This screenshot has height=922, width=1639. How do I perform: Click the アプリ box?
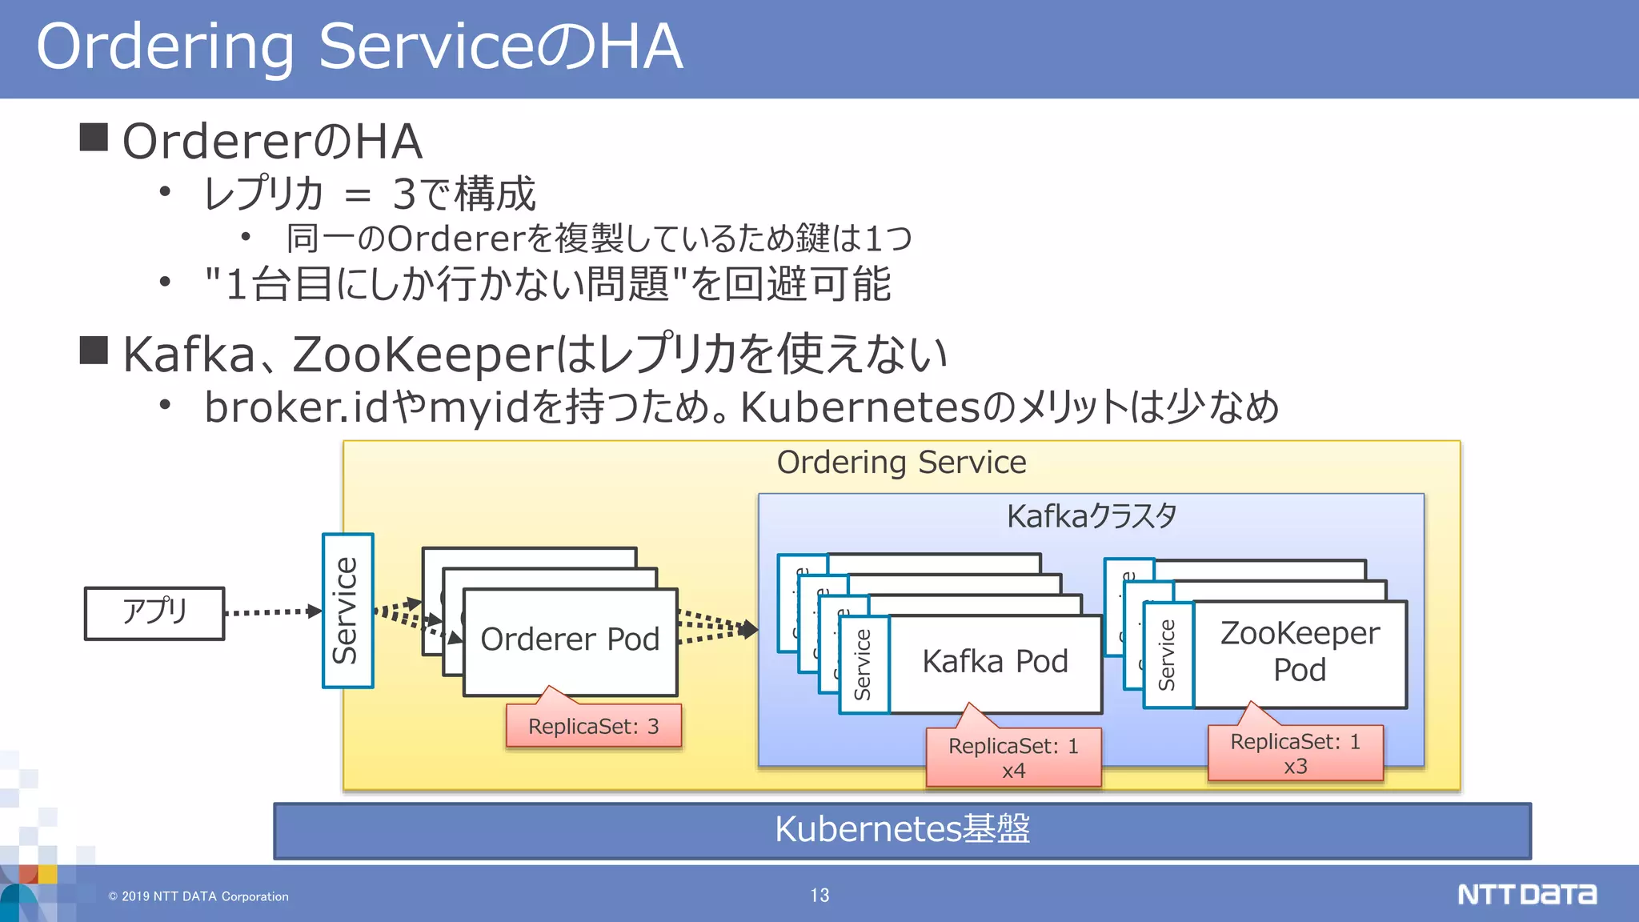coord(154,613)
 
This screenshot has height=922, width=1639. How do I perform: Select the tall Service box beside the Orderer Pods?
coord(347,611)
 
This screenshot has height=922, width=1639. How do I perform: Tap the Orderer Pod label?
coord(570,639)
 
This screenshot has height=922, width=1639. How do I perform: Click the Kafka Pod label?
coord(995,662)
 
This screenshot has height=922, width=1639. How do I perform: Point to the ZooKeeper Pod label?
coord(1300,651)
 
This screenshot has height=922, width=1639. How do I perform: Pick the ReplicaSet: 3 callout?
coord(593,727)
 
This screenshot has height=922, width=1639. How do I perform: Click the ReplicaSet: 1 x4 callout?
coord(1013,757)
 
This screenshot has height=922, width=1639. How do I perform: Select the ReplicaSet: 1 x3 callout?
coord(1295,753)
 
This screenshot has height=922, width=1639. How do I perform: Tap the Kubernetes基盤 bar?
coord(902,830)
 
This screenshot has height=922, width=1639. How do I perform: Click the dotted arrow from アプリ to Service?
coord(272,612)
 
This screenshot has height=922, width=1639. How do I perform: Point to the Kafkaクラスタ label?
coord(1091,516)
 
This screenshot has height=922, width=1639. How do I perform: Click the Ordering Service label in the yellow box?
coord(901,463)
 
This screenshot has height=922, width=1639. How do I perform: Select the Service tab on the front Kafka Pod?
coord(864,664)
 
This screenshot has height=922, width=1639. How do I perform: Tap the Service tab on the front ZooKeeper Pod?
coord(1168,655)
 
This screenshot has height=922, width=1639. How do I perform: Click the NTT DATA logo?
coord(1526,894)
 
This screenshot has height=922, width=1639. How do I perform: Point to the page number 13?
coord(819,896)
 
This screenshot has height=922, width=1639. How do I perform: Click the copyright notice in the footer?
coord(198,896)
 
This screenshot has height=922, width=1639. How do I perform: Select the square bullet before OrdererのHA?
coord(94,137)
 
